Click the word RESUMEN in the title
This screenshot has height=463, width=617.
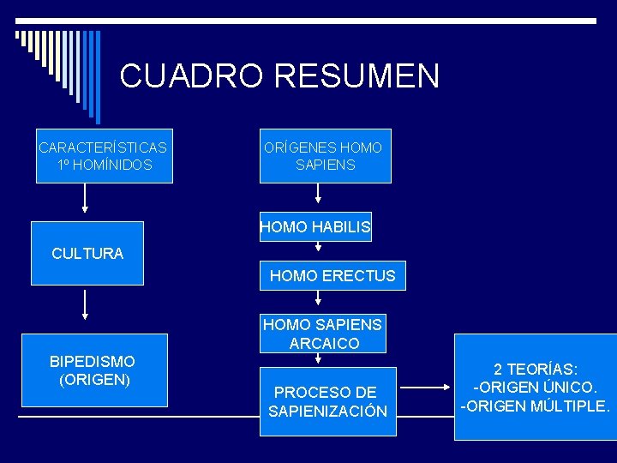356,75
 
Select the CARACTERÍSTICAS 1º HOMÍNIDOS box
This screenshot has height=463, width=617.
103,156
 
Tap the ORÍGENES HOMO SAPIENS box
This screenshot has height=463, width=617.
325,156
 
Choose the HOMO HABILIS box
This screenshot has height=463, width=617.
315,227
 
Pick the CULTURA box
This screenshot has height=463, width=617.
87,253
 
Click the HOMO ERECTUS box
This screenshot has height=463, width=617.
332,276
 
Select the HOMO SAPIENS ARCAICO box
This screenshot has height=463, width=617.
323,334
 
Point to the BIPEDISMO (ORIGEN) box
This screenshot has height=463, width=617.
93,370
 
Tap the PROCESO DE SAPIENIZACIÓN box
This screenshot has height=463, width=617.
327,401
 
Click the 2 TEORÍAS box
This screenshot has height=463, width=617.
535,387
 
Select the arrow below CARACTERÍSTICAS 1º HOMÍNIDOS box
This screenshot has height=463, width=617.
85,199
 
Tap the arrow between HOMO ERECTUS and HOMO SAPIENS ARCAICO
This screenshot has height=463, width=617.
319,298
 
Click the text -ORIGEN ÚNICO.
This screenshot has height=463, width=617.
535,387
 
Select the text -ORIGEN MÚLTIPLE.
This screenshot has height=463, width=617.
535,406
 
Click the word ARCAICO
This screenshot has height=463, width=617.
324,344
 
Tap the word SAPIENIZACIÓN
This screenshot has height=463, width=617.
327,412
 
